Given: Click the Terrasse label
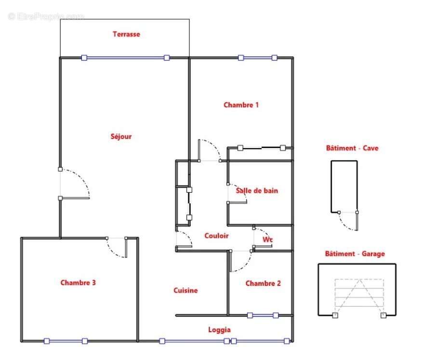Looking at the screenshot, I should (x=126, y=34).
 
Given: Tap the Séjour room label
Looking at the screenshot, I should (x=121, y=136).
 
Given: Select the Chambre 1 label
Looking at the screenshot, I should (x=241, y=105).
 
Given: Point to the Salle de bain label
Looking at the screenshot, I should (x=257, y=190).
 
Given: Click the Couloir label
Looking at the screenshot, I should (x=216, y=236).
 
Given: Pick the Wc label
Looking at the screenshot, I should (x=267, y=239).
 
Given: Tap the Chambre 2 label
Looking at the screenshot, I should (x=263, y=283).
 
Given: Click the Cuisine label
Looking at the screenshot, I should (x=185, y=290).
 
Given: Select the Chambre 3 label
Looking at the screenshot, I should (x=78, y=282).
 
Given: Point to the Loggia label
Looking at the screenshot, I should (x=219, y=330).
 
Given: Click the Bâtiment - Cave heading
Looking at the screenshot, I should (x=352, y=148).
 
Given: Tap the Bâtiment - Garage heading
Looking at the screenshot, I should (x=355, y=253).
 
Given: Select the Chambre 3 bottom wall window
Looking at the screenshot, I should (x=66, y=341).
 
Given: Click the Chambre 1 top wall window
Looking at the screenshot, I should (x=257, y=58).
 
